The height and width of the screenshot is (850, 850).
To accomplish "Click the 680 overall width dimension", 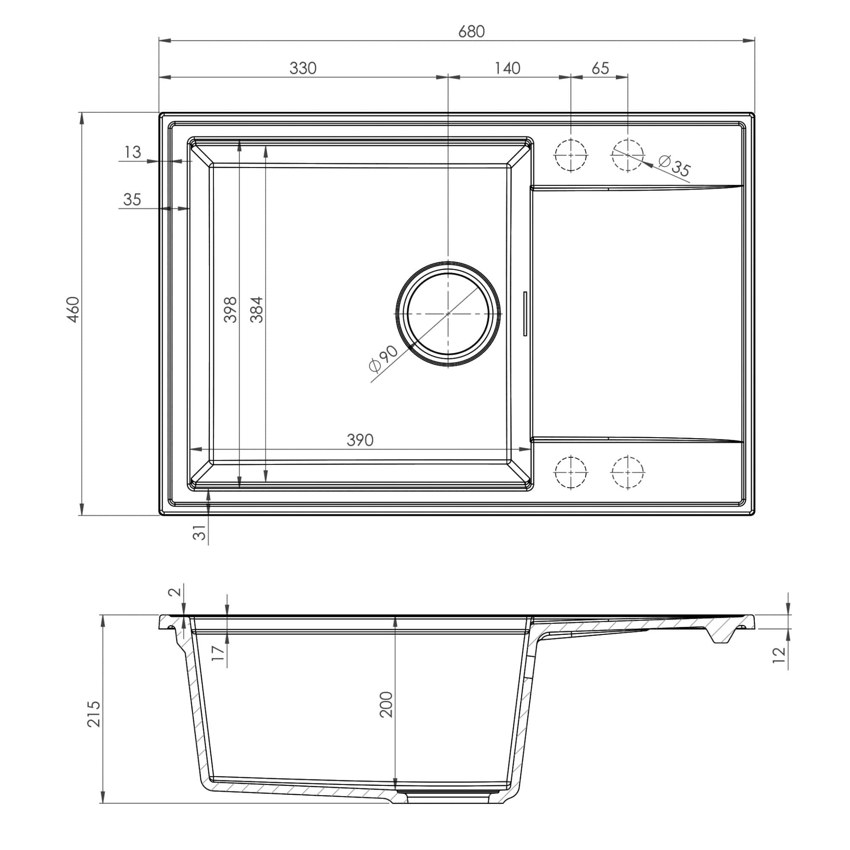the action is (471, 32).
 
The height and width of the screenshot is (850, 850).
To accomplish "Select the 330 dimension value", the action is (303, 68).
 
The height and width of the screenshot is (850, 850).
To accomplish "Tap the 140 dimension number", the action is (507, 68).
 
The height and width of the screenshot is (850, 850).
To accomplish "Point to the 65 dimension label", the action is (600, 68).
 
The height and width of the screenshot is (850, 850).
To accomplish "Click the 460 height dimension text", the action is (74, 310).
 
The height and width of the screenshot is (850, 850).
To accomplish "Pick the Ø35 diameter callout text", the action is (674, 166).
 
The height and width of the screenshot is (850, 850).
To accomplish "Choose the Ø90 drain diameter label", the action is (383, 358).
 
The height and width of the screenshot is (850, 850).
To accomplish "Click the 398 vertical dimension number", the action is (230, 310).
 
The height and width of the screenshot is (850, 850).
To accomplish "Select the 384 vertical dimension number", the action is (257, 310).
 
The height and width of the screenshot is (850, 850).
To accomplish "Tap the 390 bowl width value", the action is (360, 440).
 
